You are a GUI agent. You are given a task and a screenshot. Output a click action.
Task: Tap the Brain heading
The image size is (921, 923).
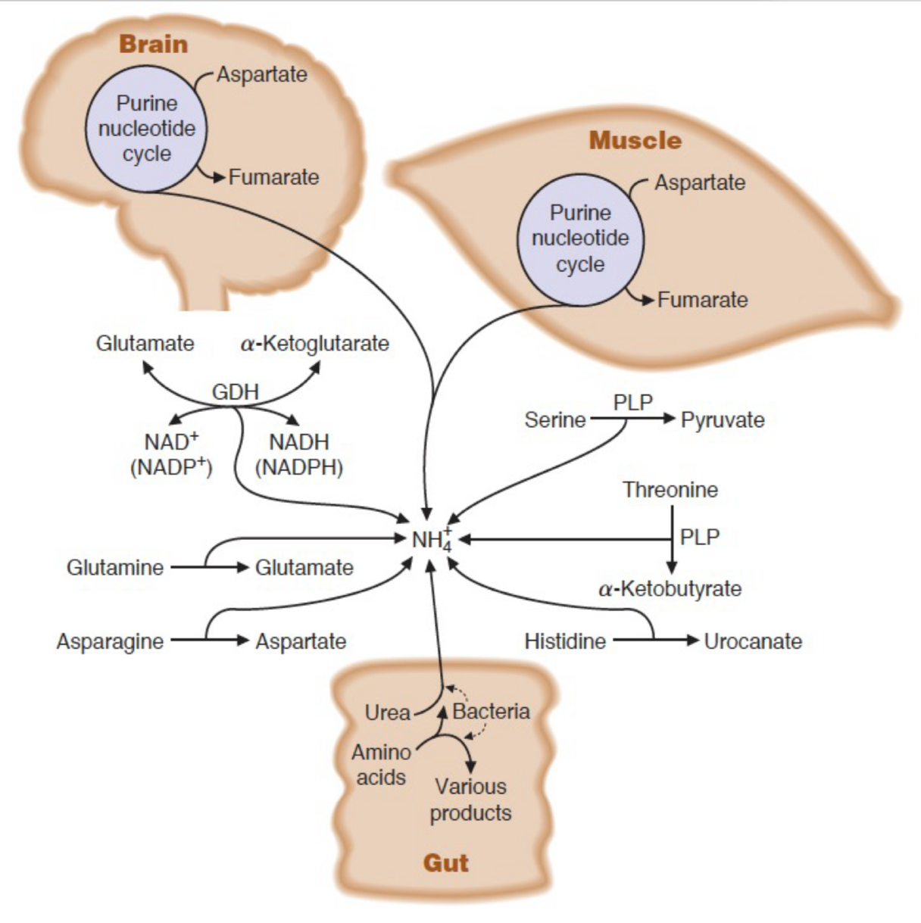153,44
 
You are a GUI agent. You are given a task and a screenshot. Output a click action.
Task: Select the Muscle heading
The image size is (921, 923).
635,140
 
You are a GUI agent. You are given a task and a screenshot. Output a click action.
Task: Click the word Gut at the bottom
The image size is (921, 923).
445,862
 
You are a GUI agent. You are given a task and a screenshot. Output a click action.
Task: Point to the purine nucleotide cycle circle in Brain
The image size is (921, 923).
145,128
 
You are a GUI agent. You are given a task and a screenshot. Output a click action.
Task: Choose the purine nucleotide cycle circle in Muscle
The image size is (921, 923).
580,239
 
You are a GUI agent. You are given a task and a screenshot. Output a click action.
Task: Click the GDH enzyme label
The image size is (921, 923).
235,391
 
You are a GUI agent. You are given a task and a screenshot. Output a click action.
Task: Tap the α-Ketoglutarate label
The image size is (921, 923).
314,344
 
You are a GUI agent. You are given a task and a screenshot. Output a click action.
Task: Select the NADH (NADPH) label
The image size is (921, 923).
299,454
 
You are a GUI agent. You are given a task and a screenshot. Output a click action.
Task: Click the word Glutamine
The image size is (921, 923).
115,567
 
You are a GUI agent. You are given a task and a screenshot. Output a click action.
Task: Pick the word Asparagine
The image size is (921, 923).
110,641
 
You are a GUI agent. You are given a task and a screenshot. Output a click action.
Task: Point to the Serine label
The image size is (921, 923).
554,419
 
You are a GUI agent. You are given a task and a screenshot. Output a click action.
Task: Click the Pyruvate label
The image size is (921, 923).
723,419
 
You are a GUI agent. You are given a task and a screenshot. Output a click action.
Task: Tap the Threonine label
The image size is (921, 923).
670,490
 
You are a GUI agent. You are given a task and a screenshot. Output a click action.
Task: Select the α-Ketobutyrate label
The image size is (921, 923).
670,588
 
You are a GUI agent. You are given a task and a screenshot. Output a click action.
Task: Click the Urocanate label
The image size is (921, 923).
753,641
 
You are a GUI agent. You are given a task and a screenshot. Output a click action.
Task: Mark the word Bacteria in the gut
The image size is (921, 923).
491,711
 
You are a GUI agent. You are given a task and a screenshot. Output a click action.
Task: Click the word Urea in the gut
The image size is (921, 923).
387,713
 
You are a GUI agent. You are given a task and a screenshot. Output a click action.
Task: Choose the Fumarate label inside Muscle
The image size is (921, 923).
702,300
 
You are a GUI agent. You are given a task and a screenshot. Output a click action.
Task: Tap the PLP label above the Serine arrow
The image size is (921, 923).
632,402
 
